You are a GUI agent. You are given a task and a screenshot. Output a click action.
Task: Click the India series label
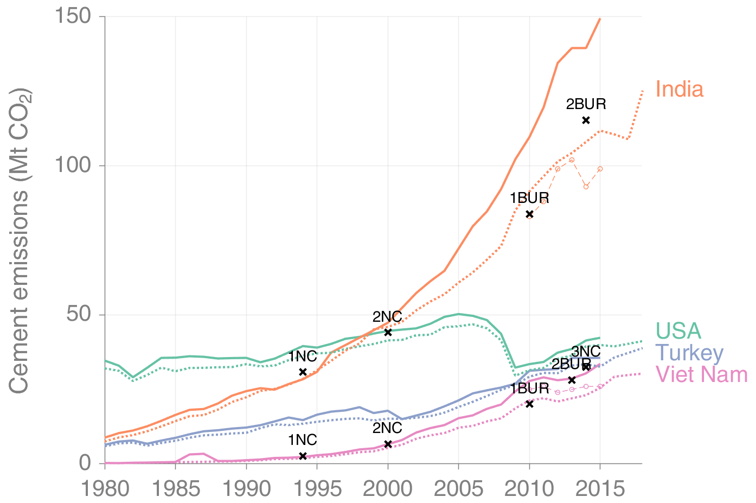[x=679, y=90]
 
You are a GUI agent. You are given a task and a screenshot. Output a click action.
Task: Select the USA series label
[x=678, y=330]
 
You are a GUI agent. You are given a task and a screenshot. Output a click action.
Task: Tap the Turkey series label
[x=689, y=353]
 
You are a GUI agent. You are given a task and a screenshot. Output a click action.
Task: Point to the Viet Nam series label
[x=701, y=374]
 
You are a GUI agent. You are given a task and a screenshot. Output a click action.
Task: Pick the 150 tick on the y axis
[x=72, y=16]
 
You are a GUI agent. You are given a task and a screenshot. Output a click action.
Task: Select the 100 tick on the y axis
[x=72, y=165]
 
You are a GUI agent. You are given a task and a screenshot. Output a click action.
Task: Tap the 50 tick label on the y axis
[x=78, y=315]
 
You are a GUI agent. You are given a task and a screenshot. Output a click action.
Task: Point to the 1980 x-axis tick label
[x=105, y=489]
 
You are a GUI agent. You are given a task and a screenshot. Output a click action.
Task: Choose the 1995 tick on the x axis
[x=317, y=489]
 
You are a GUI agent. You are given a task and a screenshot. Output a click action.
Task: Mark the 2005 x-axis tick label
[x=459, y=489]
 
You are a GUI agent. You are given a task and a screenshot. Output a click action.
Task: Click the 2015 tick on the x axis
[x=600, y=489]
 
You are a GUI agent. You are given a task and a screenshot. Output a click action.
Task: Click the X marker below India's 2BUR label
[x=586, y=120]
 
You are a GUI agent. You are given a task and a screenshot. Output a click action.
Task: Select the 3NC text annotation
[x=586, y=352]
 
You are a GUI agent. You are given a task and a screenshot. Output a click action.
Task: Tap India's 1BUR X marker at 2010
[x=529, y=214]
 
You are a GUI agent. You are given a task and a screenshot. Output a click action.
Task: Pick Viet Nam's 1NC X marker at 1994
[x=303, y=456]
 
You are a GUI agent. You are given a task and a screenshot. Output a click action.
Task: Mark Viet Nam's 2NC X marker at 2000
[x=388, y=444]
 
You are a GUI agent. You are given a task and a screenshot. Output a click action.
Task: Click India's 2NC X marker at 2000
[x=388, y=332]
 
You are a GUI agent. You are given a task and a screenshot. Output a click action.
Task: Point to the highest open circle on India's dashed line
[x=572, y=160]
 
